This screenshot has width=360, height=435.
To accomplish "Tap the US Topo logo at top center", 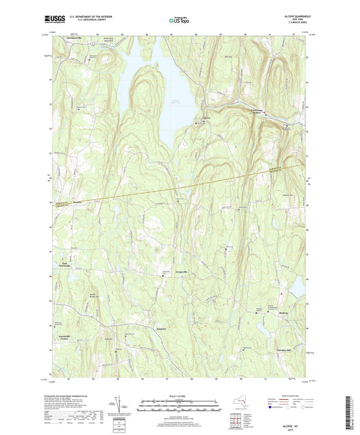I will [x=179, y=21].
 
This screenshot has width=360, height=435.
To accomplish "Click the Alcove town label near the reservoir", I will [x=199, y=119].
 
